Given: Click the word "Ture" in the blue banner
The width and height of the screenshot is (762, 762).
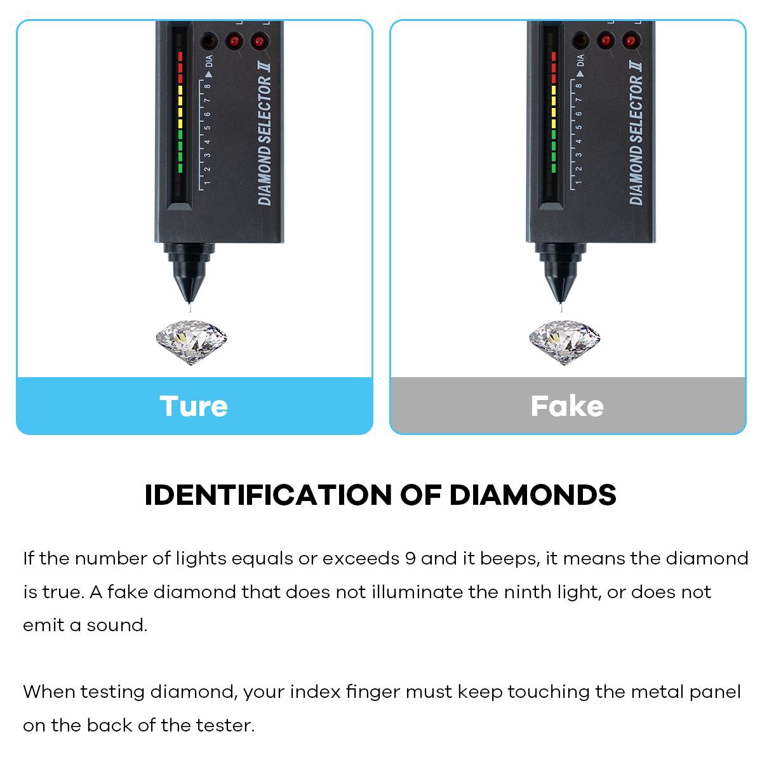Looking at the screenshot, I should [194, 406].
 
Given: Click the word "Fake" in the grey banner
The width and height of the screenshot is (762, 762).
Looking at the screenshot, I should [567, 406].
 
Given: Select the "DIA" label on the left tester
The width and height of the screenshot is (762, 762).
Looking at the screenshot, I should [209, 62].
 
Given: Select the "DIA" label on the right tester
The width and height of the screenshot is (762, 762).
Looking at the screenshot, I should [580, 62].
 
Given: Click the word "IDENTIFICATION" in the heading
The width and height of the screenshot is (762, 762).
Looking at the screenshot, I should [267, 495].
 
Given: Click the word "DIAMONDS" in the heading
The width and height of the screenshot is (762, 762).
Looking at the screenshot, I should [533, 495].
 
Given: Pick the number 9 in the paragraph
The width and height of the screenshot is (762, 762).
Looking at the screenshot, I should [411, 559].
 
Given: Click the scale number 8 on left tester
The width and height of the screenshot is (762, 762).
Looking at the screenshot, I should [208, 86].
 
